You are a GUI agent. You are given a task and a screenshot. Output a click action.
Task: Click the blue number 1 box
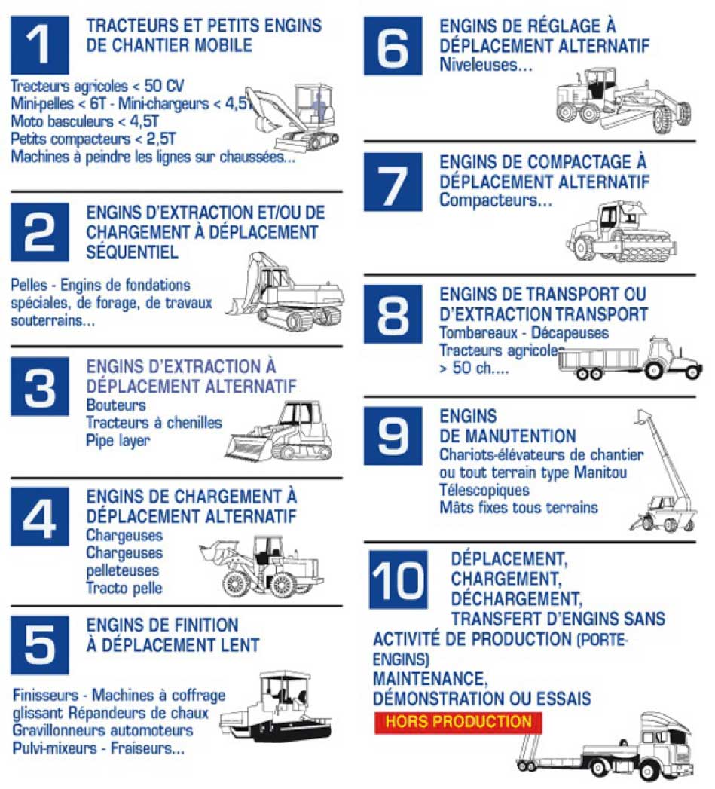40,44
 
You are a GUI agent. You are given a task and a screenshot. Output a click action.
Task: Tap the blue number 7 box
393,182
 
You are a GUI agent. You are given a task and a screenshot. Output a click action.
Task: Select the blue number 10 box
398,580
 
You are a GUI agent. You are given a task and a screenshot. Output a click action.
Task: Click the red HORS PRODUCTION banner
458,722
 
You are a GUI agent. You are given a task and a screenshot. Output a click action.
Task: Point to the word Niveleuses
485,65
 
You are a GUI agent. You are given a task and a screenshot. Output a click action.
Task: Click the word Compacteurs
495,200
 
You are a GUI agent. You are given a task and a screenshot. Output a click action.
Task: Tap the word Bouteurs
116,405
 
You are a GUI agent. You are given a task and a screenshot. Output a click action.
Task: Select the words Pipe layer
118,441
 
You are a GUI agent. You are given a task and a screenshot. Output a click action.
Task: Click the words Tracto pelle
124,588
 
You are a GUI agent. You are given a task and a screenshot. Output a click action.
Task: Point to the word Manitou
600,472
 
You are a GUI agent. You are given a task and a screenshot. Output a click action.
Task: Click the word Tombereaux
478,332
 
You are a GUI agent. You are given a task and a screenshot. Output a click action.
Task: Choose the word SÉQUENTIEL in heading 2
133,252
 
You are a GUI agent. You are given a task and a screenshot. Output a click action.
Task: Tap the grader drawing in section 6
623,101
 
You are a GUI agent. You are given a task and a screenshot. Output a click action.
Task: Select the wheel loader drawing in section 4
261,566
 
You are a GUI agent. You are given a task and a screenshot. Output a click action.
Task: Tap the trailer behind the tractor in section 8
599,363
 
